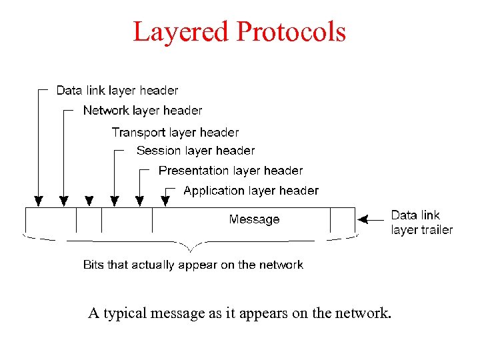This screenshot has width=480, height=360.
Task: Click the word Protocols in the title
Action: click(x=290, y=31)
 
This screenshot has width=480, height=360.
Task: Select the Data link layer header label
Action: click(x=117, y=90)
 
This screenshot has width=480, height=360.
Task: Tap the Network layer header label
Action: click(x=142, y=110)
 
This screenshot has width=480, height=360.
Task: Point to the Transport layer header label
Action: click(x=175, y=132)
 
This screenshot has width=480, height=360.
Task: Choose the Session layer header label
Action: click(x=195, y=151)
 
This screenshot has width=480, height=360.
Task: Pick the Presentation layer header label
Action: click(x=231, y=171)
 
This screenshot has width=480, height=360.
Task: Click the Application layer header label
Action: click(x=251, y=191)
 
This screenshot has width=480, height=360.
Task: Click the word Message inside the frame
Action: click(x=254, y=219)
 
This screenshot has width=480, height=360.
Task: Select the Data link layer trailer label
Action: click(x=421, y=222)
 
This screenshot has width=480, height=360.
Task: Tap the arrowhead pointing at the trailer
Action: click(x=363, y=217)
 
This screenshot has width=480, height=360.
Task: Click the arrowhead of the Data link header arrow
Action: click(x=39, y=200)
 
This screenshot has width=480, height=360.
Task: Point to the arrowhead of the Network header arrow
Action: click(x=64, y=200)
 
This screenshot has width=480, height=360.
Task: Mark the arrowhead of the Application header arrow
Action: click(x=165, y=200)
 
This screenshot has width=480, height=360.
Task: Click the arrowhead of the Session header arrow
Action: click(x=115, y=200)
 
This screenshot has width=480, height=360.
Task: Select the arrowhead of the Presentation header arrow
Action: click(x=140, y=200)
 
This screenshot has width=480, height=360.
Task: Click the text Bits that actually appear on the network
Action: click(x=193, y=265)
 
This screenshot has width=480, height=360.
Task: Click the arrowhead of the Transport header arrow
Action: click(x=89, y=200)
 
